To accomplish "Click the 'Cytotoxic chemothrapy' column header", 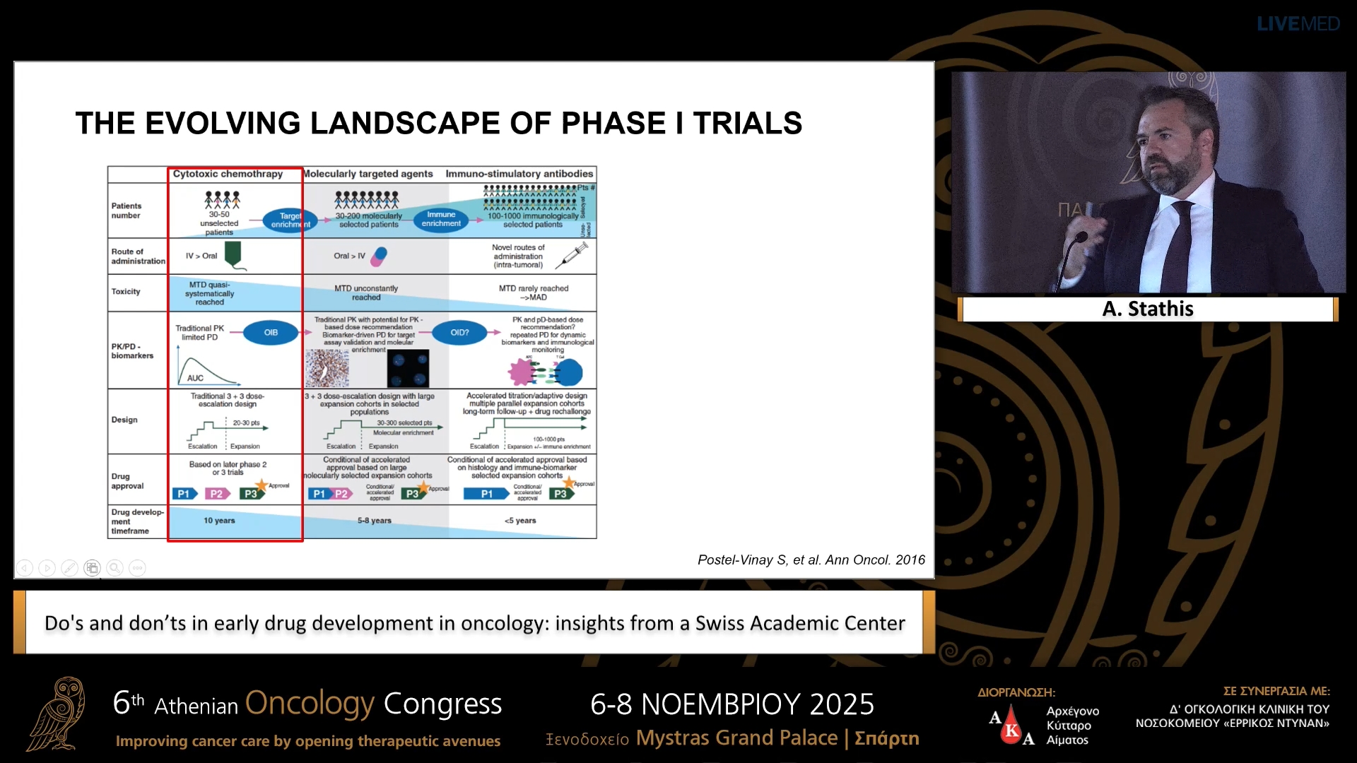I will point(228,174).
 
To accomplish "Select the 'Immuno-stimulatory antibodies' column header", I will point(519,174).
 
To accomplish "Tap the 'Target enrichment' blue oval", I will point(290,220).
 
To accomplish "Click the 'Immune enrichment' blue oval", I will point(441,219).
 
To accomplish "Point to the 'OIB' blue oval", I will point(271,333).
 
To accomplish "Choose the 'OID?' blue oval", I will point(459,333).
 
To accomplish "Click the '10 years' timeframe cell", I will point(219,521).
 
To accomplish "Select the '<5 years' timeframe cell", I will point(520,521).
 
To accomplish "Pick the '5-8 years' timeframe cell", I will point(374,521).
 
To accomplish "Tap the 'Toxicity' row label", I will point(126,292).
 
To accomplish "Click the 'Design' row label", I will point(124,420).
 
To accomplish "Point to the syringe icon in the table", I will point(572,255).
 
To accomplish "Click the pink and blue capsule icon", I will point(380,256).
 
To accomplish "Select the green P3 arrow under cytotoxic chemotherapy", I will point(251,494).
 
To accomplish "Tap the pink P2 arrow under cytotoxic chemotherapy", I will point(217,494).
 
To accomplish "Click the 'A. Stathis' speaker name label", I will point(1148,309).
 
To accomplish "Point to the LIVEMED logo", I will point(1298,24).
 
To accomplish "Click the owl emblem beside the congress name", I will point(58,714).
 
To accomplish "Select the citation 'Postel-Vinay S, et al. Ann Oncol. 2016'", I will point(811,560).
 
